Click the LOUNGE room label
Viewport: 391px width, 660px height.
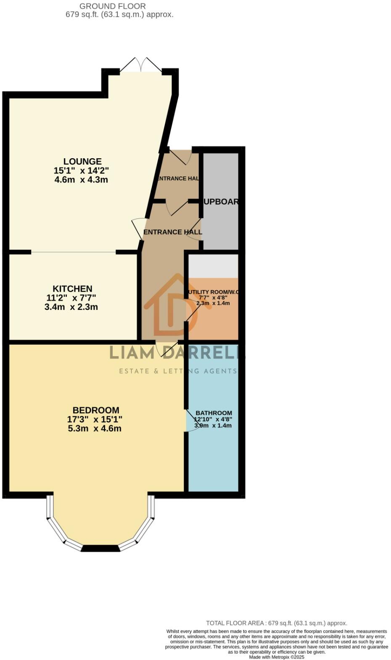click(82, 161)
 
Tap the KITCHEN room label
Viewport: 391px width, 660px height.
click(72, 289)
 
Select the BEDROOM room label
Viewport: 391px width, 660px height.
click(96, 410)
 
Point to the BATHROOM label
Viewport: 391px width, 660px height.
click(214, 413)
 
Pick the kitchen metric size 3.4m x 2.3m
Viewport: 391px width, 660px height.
click(71, 307)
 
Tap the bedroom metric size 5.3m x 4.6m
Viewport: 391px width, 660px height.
click(94, 428)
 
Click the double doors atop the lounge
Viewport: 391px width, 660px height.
click(141, 65)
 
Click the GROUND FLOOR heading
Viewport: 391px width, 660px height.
click(113, 6)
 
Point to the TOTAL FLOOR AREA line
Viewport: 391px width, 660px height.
click(277, 623)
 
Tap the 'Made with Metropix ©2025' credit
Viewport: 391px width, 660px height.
click(277, 657)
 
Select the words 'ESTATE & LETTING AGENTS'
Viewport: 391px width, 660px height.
click(178, 371)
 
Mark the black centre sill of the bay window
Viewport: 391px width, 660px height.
click(100, 548)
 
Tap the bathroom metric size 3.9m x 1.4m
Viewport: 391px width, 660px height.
click(213, 426)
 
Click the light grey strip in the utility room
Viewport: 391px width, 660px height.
click(213, 266)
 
